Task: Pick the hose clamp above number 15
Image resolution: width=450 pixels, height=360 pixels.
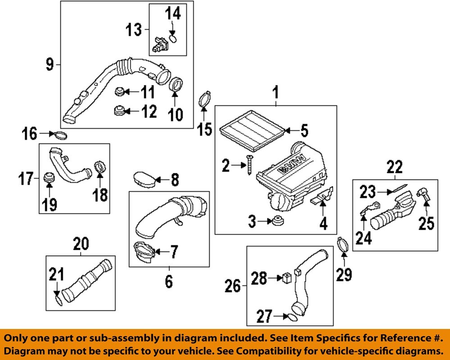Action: [x=205, y=99]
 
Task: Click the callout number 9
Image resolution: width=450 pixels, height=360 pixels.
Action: [x=49, y=66]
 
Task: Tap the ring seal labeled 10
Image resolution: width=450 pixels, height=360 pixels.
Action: [x=176, y=84]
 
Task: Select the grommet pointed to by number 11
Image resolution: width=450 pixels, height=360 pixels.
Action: [x=119, y=92]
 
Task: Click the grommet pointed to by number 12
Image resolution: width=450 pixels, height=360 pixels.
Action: [x=120, y=110]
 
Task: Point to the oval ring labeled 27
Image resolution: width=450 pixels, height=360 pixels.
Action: [x=292, y=316]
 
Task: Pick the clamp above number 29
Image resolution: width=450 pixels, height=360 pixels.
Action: [x=343, y=246]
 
